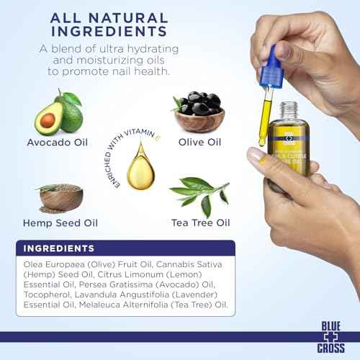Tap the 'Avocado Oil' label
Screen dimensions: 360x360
click(56, 143)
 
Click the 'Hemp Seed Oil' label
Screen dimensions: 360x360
click(57, 223)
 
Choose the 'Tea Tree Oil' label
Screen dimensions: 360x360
click(200, 223)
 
